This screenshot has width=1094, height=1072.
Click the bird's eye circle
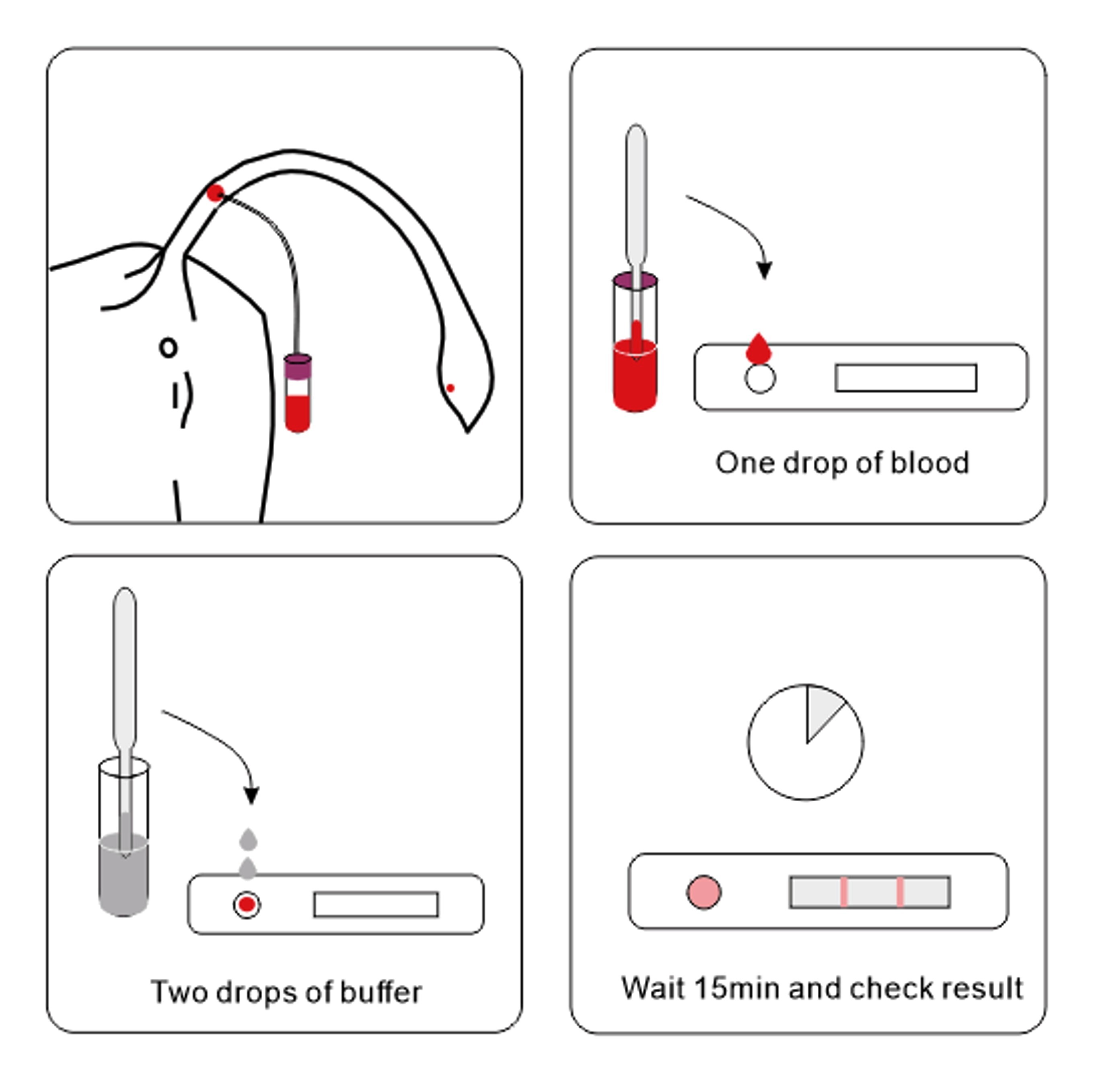tap(168, 348)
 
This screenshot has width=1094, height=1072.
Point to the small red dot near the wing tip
tap(450, 388)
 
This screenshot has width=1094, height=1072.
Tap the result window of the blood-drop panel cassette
tap(905, 378)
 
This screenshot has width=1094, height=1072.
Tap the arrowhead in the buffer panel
tap(251, 794)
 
